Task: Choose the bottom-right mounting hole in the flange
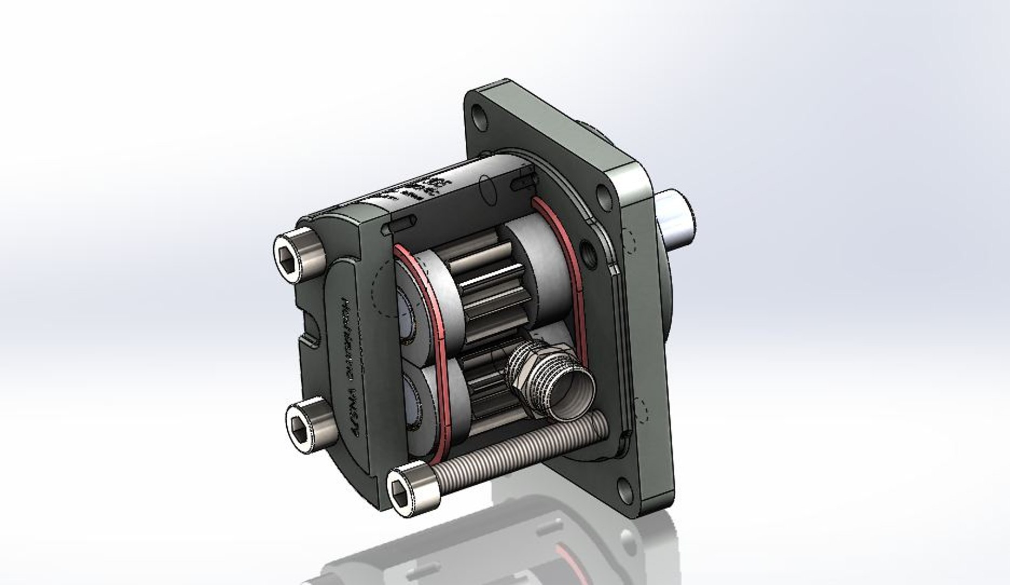pyautogui.click(x=625, y=487)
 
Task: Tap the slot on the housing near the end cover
pyautogui.click(x=399, y=224)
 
